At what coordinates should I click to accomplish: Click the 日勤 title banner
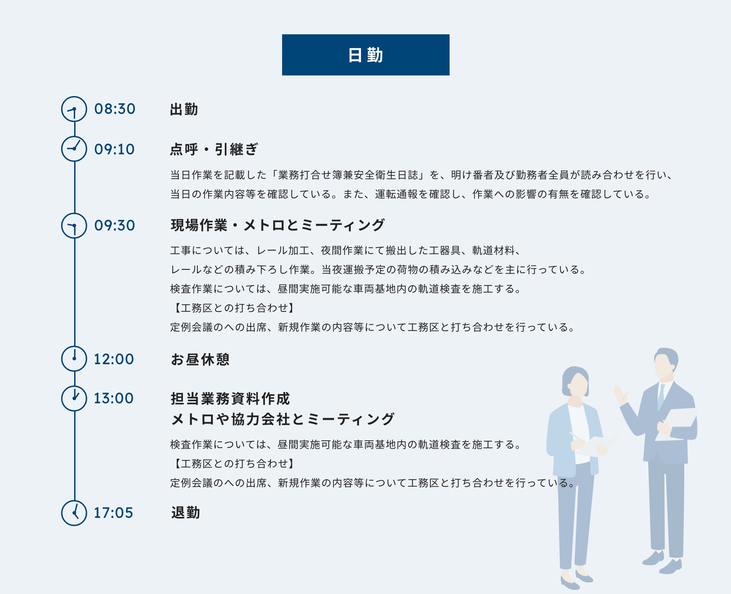[x=365, y=55]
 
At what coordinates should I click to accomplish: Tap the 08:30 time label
[x=115, y=109]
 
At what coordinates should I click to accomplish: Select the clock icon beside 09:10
[x=74, y=149]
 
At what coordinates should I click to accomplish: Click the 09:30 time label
[x=115, y=225]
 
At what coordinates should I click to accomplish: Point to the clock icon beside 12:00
[x=74, y=359]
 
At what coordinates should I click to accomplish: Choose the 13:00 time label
[x=114, y=398]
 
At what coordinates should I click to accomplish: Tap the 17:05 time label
[x=113, y=513]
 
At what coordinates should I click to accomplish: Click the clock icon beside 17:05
[x=74, y=513]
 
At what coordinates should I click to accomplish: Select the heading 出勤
[x=184, y=109]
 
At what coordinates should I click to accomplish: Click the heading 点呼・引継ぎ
[x=214, y=150]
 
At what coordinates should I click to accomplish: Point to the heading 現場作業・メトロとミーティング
[x=277, y=225]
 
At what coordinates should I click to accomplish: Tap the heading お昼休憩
[x=200, y=359]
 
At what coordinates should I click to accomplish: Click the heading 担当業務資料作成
[x=230, y=399]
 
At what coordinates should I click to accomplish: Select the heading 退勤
[x=185, y=513]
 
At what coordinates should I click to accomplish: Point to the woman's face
[x=578, y=384]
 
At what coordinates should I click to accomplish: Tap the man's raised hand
[x=620, y=394]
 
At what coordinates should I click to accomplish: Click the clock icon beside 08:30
[x=74, y=109]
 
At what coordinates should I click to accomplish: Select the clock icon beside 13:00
[x=74, y=398]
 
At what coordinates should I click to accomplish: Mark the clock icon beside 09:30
[x=74, y=226]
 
